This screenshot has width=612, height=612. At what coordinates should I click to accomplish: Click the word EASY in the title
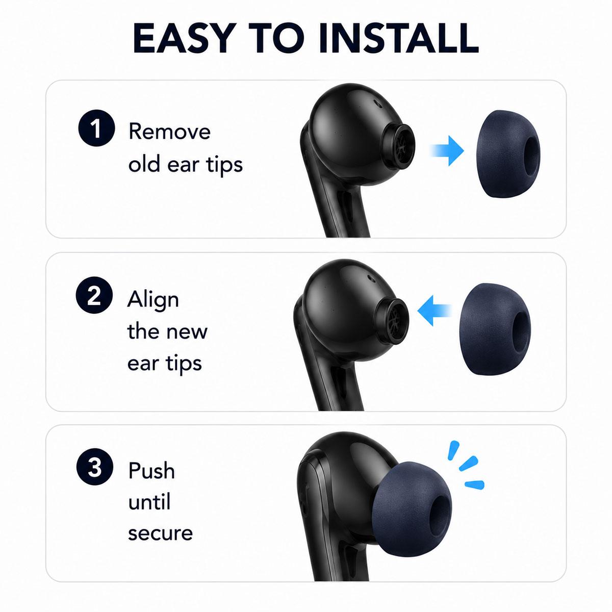click(x=183, y=38)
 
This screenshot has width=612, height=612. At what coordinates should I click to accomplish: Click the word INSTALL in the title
click(x=398, y=38)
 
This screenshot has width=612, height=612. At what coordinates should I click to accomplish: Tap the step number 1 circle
click(x=96, y=128)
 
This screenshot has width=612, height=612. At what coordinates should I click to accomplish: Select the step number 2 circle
click(x=94, y=295)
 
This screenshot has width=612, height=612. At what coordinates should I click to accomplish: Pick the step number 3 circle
click(x=95, y=467)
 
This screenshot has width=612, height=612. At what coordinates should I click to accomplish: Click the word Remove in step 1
click(x=169, y=131)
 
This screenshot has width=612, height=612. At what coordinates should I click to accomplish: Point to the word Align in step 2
click(x=153, y=300)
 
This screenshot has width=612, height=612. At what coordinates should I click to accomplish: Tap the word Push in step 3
click(x=151, y=471)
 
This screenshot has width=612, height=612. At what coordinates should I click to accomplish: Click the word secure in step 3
click(x=160, y=533)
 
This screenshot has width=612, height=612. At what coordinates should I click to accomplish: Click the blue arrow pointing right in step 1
click(x=447, y=150)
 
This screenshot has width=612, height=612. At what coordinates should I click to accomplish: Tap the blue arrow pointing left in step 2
click(x=434, y=311)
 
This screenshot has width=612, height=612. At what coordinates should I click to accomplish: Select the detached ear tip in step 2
click(x=495, y=328)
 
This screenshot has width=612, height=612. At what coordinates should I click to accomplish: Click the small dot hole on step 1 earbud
click(x=377, y=104)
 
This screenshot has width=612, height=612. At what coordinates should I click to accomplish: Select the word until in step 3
click(x=149, y=501)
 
